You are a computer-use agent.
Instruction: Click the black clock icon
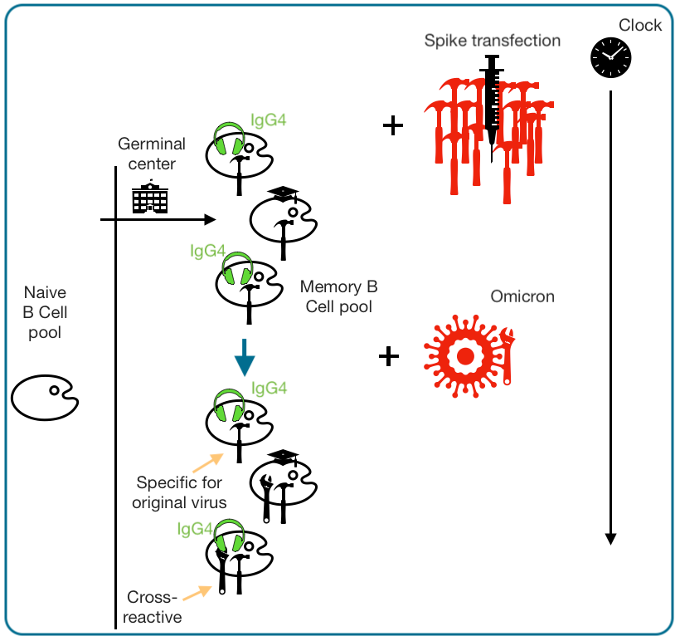click(x=610, y=56)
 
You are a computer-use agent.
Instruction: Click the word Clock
click(x=640, y=25)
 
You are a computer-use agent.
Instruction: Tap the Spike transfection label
click(x=492, y=41)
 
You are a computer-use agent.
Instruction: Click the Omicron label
click(x=522, y=296)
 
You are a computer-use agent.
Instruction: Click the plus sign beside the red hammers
click(x=392, y=126)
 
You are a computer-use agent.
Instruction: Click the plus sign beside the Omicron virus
click(x=388, y=356)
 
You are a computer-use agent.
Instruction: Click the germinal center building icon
click(x=150, y=197)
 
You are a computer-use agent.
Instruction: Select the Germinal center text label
click(x=150, y=152)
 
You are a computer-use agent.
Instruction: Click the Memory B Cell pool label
click(x=339, y=296)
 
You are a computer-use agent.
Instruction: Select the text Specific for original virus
click(x=182, y=492)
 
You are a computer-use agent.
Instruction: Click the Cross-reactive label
click(x=153, y=607)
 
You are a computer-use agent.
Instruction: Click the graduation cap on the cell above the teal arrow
click(x=282, y=193)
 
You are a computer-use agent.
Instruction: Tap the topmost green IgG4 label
click(x=268, y=120)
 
